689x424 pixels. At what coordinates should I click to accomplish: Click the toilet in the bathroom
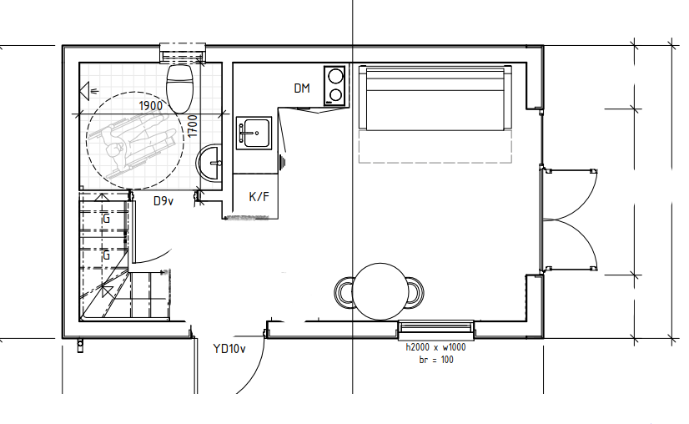[179, 88]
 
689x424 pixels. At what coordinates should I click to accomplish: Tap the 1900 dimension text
[151, 106]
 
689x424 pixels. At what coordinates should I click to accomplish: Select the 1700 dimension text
[193, 126]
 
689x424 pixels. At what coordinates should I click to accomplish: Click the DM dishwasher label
[302, 88]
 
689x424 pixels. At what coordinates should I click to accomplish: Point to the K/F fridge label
[259, 197]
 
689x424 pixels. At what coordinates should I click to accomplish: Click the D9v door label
[163, 201]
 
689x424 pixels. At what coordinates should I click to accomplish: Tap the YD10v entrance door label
[229, 349]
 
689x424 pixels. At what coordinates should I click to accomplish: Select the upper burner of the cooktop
[335, 77]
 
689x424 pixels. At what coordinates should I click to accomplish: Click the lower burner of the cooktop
[335, 95]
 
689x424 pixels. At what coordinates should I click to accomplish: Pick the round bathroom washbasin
[209, 163]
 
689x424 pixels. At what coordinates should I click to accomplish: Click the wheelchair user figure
[135, 141]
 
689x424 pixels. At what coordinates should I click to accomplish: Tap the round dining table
[380, 291]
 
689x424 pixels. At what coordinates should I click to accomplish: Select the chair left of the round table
[344, 292]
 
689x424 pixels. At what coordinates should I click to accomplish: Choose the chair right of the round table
[415, 292]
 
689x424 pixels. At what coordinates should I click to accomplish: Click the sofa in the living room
[435, 98]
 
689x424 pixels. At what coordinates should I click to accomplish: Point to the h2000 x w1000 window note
[435, 347]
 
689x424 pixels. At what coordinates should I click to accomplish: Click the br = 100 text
[436, 360]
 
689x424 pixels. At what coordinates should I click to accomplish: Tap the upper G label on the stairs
[105, 219]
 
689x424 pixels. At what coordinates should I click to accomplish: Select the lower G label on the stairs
[106, 255]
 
